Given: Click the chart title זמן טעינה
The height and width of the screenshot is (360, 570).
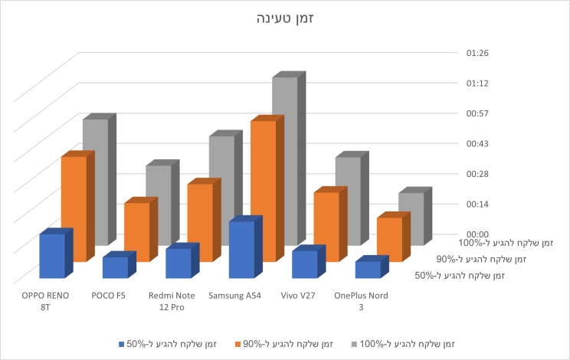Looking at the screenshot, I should (x=285, y=18).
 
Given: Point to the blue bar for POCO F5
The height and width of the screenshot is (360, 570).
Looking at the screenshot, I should (x=115, y=267).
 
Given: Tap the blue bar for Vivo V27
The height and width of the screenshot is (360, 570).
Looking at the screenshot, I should (x=304, y=264).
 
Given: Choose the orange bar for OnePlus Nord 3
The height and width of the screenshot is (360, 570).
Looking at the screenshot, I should (x=388, y=239).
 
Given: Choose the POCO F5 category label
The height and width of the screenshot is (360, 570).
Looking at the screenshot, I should (x=108, y=296).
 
